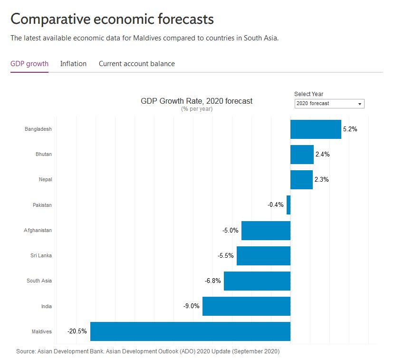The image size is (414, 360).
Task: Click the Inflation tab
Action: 73,64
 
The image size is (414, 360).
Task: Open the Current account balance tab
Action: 136,64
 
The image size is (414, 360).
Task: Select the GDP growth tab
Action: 29,64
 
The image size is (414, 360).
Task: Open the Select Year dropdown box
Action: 329,103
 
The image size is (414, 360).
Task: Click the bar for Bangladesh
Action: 316,129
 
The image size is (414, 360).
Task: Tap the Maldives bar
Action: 190,331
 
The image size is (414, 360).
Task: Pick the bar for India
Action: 246,306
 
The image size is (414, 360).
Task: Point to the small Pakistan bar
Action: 289,205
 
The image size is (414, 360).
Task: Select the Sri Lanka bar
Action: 263,255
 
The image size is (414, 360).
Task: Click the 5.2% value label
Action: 350,129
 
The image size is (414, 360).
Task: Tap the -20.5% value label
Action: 77,331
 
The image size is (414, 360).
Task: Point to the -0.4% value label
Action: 276,205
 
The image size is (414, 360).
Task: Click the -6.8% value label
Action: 213,281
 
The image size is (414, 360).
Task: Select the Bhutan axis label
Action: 44,154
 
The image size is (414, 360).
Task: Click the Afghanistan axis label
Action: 38,230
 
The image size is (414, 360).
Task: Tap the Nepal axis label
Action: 46,179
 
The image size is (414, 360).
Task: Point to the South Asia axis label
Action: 39,281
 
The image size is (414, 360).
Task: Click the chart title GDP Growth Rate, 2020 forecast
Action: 196,101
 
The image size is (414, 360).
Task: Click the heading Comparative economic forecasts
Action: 112,19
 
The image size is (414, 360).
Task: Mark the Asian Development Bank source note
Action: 148,351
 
